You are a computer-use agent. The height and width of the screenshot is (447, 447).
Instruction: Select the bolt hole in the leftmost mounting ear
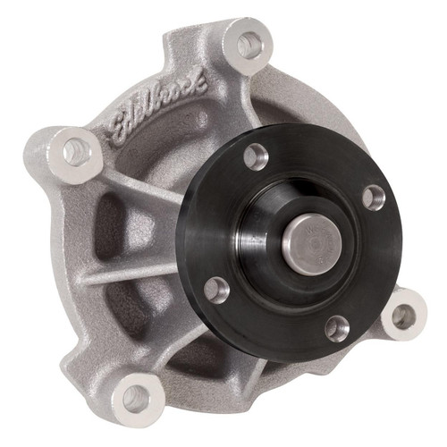75,151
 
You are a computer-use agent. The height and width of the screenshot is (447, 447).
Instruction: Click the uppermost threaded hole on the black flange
256,157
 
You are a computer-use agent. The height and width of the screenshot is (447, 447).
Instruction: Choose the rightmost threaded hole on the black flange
373,196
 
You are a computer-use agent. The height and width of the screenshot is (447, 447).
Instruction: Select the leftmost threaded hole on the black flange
216,289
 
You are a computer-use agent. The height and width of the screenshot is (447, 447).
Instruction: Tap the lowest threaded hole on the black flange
336,328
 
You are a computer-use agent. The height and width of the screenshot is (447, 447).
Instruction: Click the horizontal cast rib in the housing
125,273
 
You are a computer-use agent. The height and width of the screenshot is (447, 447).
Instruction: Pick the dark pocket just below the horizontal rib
134,308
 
